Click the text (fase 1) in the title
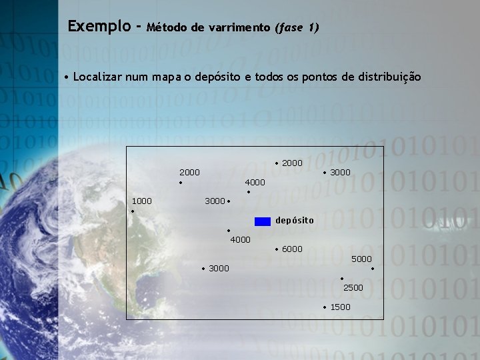(x=297, y=28)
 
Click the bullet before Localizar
(x=67, y=77)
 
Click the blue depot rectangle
(x=263, y=221)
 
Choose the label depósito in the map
(x=294, y=221)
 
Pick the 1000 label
(x=141, y=201)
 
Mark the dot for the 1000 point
(x=133, y=211)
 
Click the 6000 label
(x=292, y=249)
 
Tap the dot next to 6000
(x=277, y=250)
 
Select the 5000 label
(x=361, y=259)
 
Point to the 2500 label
(x=353, y=287)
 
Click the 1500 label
(x=340, y=307)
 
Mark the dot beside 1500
(x=325, y=307)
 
